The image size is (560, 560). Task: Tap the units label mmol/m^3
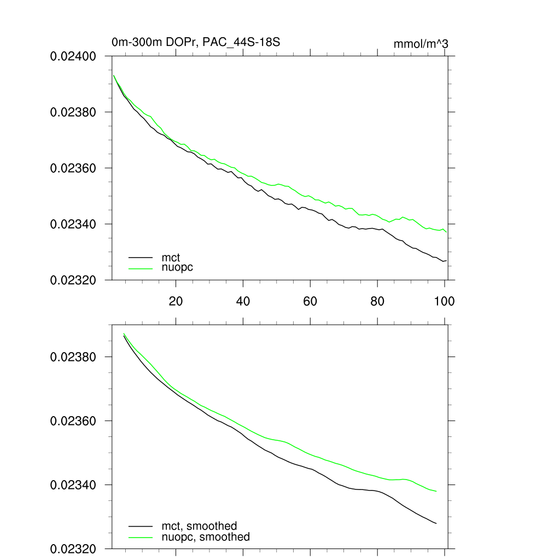[421, 44]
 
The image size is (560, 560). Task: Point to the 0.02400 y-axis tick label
[73, 56]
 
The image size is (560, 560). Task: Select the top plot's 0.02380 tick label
[73, 112]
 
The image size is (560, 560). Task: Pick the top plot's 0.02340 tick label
[73, 224]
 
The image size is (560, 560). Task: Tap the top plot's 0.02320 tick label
[73, 280]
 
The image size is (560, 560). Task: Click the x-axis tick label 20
[176, 301]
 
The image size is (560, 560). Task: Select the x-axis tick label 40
[243, 301]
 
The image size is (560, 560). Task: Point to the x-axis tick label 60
[310, 301]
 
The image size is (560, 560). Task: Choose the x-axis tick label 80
[377, 301]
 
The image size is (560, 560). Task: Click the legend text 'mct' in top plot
[171, 257]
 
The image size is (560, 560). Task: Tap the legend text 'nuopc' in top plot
[177, 267]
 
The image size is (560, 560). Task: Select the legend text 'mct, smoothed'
[199, 526]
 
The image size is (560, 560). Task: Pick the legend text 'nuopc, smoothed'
[206, 537]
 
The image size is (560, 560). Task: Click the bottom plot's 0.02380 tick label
[73, 357]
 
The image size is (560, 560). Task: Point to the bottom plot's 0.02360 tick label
[73, 421]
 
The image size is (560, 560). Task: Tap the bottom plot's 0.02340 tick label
[73, 485]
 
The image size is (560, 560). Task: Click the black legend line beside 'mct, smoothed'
[141, 526]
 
